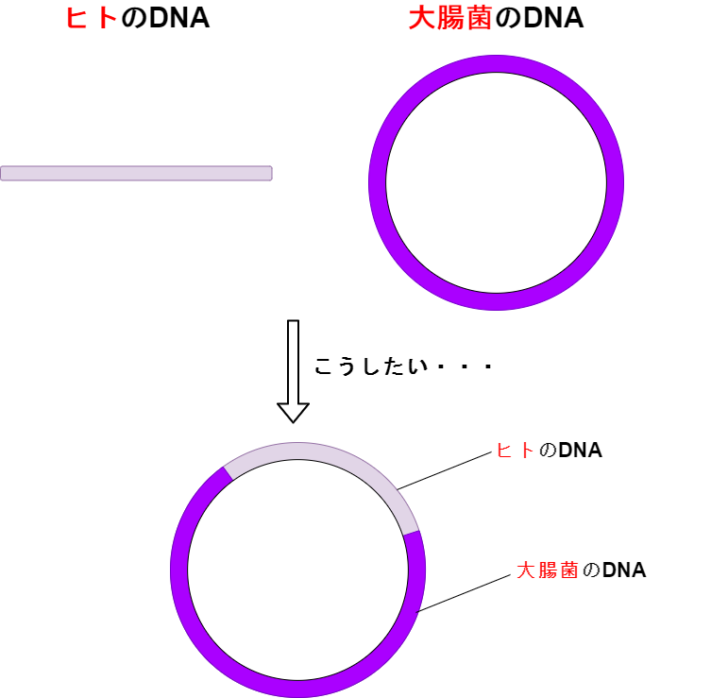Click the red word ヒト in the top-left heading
coord(92,19)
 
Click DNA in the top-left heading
coord(179,19)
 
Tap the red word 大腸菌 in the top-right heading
coord(449,19)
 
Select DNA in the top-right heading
coord(553,19)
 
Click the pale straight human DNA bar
coord(136,173)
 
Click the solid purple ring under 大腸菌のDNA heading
coord(378,182)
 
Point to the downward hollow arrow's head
coord(293,413)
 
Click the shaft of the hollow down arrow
coord(293,362)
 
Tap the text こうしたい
coord(371,366)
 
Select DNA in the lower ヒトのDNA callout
coord(581,451)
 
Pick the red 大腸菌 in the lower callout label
coord(548,570)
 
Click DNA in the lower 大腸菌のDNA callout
coord(624,570)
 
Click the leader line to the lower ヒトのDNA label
coord(445,470)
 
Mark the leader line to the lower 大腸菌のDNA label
coord(464,593)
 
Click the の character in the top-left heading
coord(134,19)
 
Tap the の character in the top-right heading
coord(508,19)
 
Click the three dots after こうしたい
coord(465,366)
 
